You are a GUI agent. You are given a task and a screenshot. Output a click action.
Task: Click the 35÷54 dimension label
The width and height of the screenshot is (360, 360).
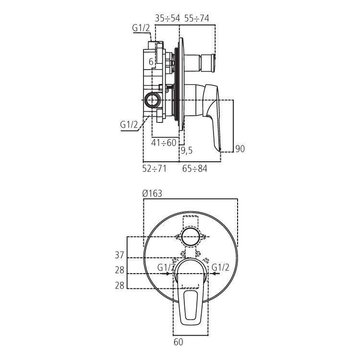point(167,18)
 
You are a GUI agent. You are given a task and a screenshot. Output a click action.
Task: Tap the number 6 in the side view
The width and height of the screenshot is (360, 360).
point(151,62)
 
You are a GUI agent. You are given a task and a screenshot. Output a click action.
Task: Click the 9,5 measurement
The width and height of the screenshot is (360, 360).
point(187,151)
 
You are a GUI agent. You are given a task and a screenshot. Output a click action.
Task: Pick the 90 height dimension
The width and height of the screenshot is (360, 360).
point(240,149)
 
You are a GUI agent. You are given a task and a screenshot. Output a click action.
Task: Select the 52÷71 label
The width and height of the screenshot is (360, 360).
point(155,168)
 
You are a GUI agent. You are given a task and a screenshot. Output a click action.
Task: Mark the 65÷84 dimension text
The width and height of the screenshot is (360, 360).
point(194,168)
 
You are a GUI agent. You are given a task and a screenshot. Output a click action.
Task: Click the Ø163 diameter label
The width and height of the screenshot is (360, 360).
point(153,193)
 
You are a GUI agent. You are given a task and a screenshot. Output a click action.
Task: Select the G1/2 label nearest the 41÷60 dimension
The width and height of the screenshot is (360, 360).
point(129,125)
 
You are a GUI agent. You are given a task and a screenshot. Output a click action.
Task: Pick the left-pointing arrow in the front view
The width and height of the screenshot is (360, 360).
point(216,274)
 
